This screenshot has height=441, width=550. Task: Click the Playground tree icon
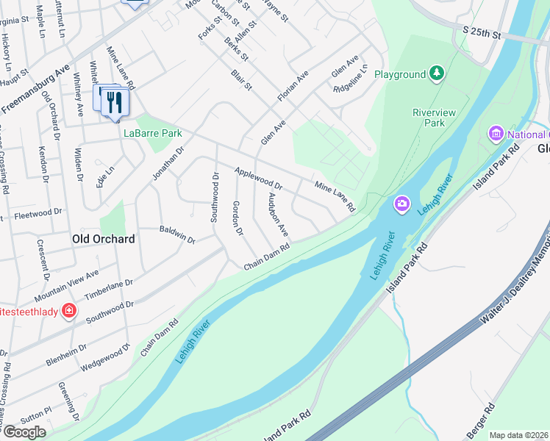tap(438, 73)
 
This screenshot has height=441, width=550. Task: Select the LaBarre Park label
tap(152, 134)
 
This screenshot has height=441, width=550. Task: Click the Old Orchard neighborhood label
tap(103, 239)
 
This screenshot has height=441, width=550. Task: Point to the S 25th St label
tap(482, 34)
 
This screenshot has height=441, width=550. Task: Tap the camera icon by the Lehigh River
tap(401, 203)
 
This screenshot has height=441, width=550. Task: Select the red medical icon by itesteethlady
tap(69, 310)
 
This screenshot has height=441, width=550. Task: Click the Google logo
tap(24, 432)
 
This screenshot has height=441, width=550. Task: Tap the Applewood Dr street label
tap(258, 178)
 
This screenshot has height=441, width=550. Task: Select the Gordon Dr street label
tap(238, 218)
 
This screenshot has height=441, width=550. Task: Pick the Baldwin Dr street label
tap(177, 234)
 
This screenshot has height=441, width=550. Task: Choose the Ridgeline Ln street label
tap(350, 88)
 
